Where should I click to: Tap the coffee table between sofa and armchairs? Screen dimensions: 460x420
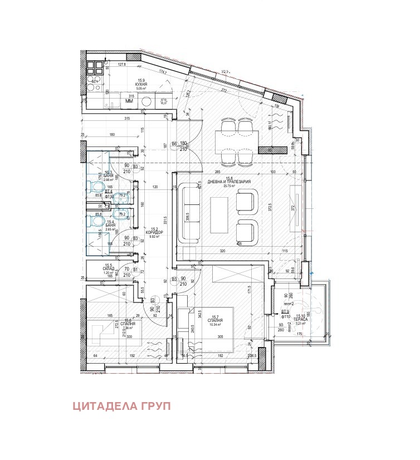tap(218, 213)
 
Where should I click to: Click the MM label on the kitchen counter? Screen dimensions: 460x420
tap(129, 101)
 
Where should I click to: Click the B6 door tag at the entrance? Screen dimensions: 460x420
tap(174, 144)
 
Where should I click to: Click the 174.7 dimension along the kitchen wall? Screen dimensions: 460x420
tap(163, 72)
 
